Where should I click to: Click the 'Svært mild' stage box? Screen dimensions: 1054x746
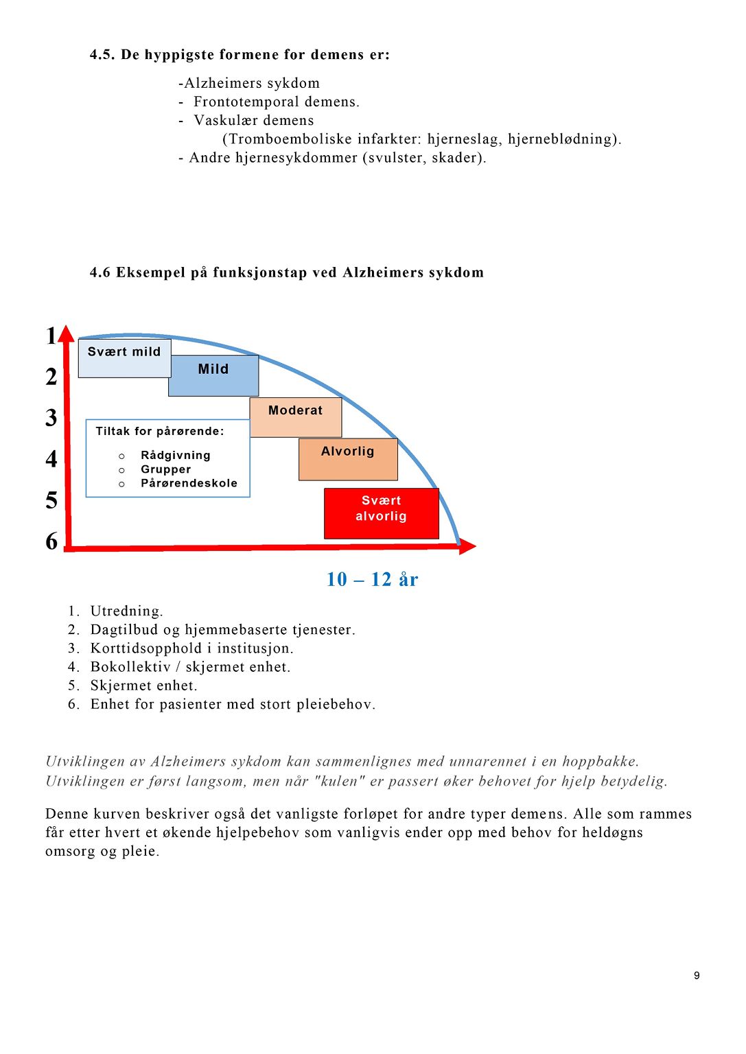pos(124,358)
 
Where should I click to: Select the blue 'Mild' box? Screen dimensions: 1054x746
pos(213,375)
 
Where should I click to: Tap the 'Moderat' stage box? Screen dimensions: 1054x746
pos(296,417)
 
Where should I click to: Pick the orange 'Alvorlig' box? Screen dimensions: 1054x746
pos(348,458)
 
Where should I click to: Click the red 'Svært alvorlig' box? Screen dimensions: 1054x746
pos(381,513)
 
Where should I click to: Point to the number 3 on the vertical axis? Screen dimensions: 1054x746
pos(51,418)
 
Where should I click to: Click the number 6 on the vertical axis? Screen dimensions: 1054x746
pos(51,541)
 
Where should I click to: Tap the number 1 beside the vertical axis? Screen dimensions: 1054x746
pos(51,336)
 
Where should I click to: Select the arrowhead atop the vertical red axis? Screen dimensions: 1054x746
pos(67,334)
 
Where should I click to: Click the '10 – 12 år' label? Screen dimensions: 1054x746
pos(372,580)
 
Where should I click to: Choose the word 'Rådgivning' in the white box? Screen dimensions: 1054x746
pos(175,456)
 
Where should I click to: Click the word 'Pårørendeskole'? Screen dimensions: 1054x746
pos(189,483)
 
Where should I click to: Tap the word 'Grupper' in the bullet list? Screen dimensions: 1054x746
pos(165,469)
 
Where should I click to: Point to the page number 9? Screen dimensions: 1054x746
pos(697,976)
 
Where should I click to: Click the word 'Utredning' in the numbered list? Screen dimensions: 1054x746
pos(126,611)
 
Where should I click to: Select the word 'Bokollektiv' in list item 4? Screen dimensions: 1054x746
pos(130,667)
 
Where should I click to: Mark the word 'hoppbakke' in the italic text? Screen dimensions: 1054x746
pos(599,762)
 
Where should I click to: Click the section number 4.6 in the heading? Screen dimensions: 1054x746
pos(100,273)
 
